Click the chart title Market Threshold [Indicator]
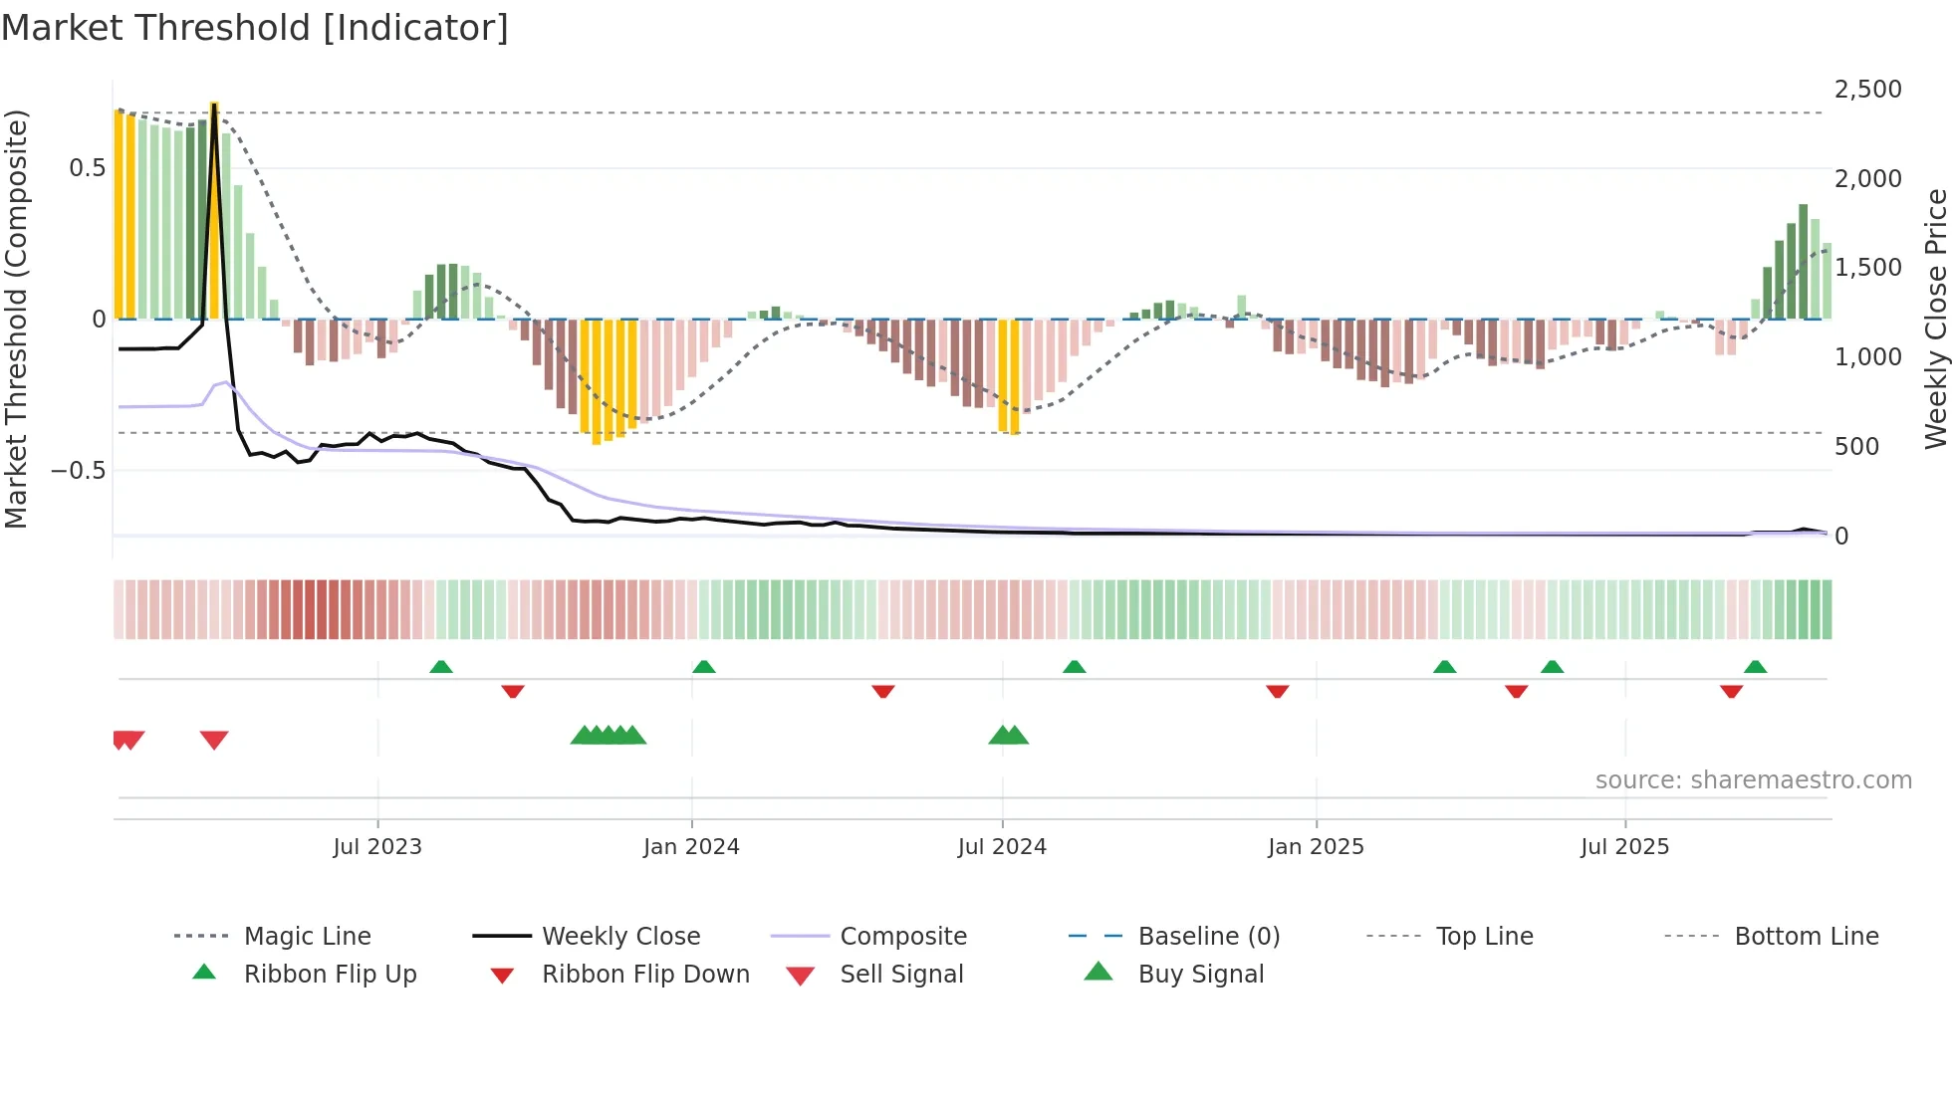(255, 28)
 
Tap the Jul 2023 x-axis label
(377, 847)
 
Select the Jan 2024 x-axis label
(691, 847)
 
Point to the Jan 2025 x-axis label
(1316, 847)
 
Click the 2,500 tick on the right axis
(1867, 90)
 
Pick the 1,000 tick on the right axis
(1867, 357)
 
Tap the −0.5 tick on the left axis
(78, 470)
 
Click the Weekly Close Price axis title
(1935, 319)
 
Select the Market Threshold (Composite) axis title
(16, 319)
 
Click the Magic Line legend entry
(307, 937)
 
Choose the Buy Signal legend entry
(1200, 975)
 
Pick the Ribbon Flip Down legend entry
(644, 975)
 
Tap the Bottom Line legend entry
(1806, 937)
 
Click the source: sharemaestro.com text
(1753, 780)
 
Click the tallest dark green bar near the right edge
(1803, 261)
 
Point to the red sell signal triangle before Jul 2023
(214, 740)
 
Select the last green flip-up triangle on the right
(1755, 667)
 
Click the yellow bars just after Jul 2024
(1009, 376)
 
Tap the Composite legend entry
(902, 937)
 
